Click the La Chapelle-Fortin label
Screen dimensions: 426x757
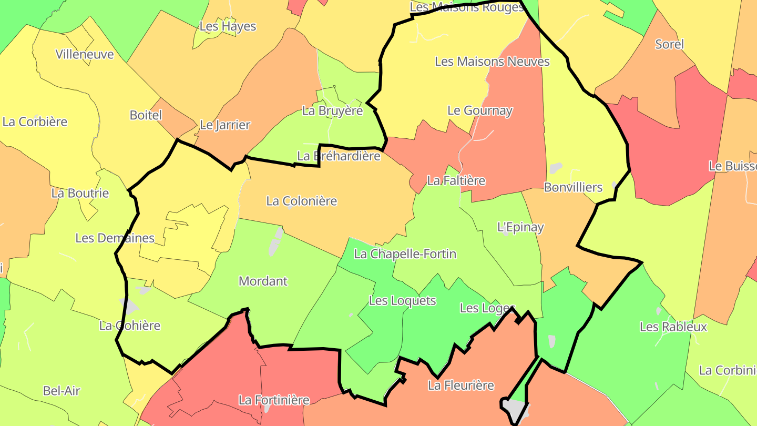[405, 254]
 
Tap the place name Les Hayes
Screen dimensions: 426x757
[228, 26]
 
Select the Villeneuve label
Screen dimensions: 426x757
[85, 54]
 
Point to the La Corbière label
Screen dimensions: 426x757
[35, 121]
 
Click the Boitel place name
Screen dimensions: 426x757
[146, 115]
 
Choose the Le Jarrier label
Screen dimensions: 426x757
[225, 125]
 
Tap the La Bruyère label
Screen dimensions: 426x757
[332, 111]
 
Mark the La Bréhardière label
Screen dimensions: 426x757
[339, 156]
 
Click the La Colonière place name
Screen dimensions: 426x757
[301, 201]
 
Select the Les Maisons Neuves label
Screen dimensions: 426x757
[492, 62]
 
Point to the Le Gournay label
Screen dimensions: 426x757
[479, 110]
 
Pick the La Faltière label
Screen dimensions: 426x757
[456, 181]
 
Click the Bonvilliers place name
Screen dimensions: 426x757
[573, 187]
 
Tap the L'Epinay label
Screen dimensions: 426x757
[520, 227]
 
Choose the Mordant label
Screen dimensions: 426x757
[263, 281]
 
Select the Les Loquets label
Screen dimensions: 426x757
[402, 301]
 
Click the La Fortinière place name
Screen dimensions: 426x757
[274, 400]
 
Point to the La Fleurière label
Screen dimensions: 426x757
[461, 386]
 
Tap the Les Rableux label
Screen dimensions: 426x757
[673, 327]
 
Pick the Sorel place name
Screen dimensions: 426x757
[669, 44]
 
